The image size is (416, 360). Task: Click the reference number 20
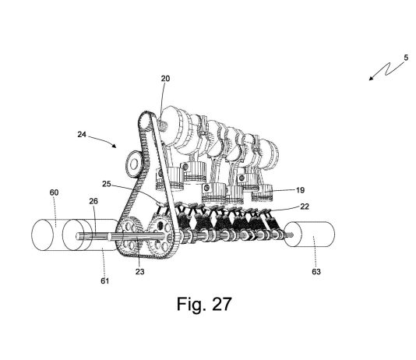pos(165,79)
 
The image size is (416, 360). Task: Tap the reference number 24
pos(82,135)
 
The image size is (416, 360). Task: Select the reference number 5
pos(406,58)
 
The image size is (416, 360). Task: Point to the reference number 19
pos(300,190)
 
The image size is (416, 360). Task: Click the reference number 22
pos(305,206)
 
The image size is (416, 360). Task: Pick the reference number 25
pos(107,184)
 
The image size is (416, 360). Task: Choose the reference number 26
pos(93,201)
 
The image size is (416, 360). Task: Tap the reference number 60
pos(54,192)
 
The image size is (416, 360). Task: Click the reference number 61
pos(105,281)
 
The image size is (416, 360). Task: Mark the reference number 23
pos(139,272)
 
